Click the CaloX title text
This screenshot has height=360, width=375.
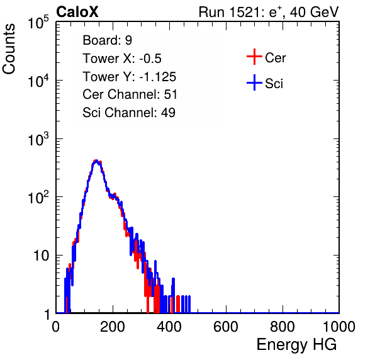pyautogui.click(x=77, y=12)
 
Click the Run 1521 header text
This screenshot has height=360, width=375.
pyautogui.click(x=269, y=12)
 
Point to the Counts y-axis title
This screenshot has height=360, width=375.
pyautogui.click(x=9, y=49)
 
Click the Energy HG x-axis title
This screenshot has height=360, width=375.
pyautogui.click(x=296, y=345)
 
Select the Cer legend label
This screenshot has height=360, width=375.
pyautogui.click(x=275, y=58)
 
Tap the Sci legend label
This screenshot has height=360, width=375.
pyautogui.click(x=274, y=84)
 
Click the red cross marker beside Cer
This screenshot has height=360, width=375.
pyautogui.click(x=254, y=57)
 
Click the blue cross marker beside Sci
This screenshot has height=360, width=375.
pyautogui.click(x=254, y=83)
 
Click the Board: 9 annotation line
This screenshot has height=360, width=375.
pyautogui.click(x=107, y=40)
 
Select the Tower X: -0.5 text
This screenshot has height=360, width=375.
pyautogui.click(x=122, y=59)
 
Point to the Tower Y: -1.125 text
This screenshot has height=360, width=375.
pyautogui.click(x=130, y=77)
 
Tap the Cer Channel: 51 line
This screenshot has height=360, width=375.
pyautogui.click(x=130, y=94)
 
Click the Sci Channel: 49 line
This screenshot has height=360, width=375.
pyautogui.click(x=129, y=113)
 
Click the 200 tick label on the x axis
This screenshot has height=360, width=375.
pyautogui.click(x=113, y=327)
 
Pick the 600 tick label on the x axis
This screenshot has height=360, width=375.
pyautogui.click(x=226, y=327)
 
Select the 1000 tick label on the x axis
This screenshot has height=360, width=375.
pyautogui.click(x=339, y=327)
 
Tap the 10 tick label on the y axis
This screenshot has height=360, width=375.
pyautogui.click(x=41, y=256)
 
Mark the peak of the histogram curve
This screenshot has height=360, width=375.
pyautogui.click(x=96, y=160)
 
